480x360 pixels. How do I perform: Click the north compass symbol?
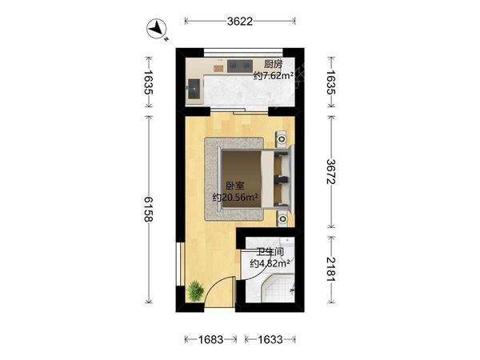[x=157, y=29]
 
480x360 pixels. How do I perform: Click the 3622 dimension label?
[x=240, y=21]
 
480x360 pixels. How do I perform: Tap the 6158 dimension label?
[x=149, y=209]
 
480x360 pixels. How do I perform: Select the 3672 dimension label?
[x=331, y=171]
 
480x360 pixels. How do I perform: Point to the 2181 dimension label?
[x=331, y=269]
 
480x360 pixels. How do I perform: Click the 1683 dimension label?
[x=210, y=339]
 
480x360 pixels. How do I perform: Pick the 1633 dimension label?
[x=270, y=339]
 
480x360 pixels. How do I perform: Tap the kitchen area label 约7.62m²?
[x=274, y=75]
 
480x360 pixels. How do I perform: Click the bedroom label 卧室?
[x=235, y=186]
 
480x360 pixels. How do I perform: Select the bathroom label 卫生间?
[x=270, y=252]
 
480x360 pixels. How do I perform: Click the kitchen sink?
[x=194, y=89]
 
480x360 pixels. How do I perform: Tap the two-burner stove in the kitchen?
[x=240, y=66]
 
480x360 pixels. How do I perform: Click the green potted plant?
[x=195, y=291]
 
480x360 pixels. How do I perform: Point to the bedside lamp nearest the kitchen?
[x=282, y=139]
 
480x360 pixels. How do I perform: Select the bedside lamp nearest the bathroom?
[x=282, y=218]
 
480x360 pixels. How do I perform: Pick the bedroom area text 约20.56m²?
[x=235, y=198]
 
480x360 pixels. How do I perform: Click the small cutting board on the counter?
[x=218, y=69]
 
